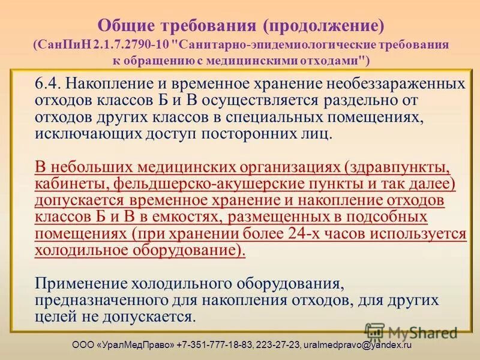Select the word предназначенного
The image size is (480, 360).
(99, 299)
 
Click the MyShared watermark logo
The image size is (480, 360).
(411, 331)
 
